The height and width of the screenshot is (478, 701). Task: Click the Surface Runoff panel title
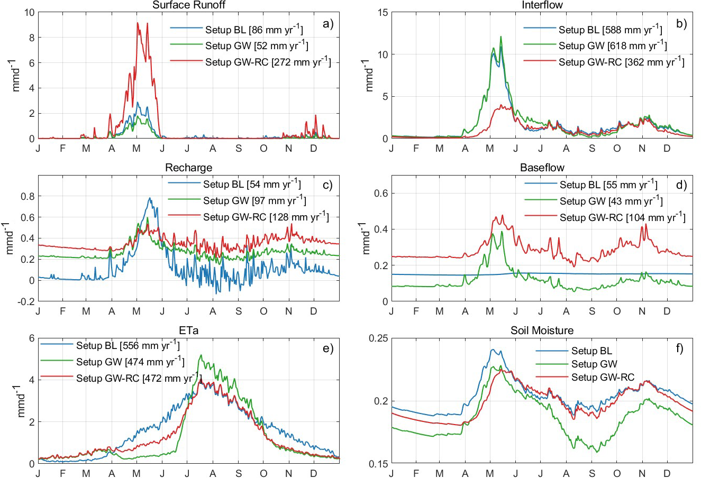tap(189, 5)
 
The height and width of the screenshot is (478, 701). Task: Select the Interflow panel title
tap(542, 5)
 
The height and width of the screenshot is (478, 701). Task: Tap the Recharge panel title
tap(189, 168)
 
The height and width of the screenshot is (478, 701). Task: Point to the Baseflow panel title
tap(542, 168)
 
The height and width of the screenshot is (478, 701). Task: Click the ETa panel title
tap(189, 330)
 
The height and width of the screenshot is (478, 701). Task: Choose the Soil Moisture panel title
tap(542, 330)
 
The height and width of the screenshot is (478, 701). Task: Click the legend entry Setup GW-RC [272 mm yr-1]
tap(268, 62)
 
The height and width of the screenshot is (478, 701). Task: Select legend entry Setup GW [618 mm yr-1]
tap(613, 46)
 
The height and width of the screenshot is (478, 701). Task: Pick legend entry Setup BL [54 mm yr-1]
tap(252, 185)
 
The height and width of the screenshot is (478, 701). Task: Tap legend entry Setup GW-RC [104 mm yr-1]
tap(622, 217)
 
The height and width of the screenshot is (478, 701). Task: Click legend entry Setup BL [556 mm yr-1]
tap(128, 346)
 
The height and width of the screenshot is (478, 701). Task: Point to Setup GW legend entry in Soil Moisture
tap(594, 364)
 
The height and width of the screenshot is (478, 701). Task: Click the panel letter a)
tap(328, 23)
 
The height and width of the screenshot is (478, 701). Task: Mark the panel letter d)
tap(681, 185)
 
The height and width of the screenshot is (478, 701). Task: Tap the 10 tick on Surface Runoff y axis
tap(29, 12)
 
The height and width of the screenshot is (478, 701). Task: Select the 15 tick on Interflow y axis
tap(382, 12)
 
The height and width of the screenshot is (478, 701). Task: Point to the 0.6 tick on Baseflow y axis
tap(381, 194)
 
